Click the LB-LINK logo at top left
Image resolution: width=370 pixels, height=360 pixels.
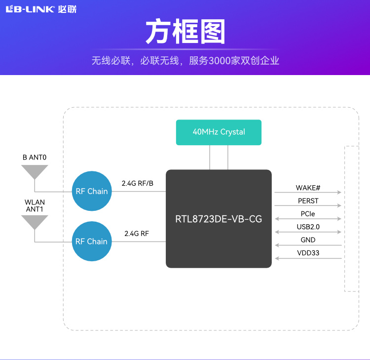(41, 9)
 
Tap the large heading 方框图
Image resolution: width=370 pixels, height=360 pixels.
(185, 33)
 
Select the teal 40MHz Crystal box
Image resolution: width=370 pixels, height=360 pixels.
(219, 132)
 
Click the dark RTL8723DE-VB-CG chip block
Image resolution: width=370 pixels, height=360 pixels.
(219, 219)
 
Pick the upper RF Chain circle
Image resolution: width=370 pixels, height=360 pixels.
(91, 191)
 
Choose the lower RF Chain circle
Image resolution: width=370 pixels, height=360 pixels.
(91, 241)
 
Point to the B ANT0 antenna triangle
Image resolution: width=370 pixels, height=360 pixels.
(35, 172)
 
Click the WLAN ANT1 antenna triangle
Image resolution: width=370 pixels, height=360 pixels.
(35, 222)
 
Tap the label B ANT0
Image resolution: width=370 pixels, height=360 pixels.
(35, 158)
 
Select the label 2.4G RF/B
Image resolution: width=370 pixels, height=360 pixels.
(138, 183)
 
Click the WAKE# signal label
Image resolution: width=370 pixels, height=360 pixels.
(308, 188)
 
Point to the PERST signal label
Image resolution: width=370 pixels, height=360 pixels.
(308, 201)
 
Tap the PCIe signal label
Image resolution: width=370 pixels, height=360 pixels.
(308, 214)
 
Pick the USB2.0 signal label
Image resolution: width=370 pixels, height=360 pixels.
(308, 227)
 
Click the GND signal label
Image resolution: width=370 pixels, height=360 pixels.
(308, 240)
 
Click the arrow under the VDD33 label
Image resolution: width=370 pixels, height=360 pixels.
(308, 258)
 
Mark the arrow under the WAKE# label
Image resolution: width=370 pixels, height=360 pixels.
(308, 193)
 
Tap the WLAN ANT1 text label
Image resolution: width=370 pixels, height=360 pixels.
(35, 205)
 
